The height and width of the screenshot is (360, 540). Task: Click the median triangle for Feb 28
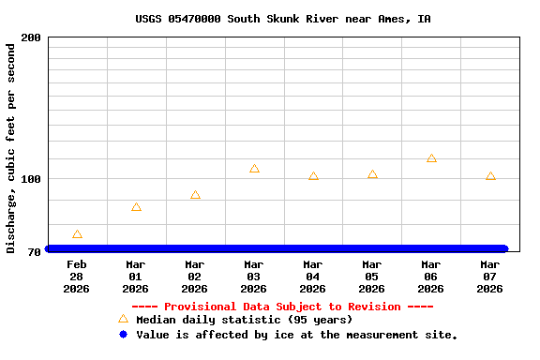click(77, 234)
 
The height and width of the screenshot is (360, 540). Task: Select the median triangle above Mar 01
click(136, 207)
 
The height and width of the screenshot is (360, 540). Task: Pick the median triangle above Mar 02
click(195, 195)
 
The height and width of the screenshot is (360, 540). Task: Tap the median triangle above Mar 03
click(254, 169)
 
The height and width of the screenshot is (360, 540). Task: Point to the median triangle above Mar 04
click(313, 176)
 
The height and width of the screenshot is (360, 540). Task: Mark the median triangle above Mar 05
click(372, 174)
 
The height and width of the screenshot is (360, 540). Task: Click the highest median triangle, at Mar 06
click(431, 158)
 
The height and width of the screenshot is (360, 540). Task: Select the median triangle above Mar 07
click(490, 176)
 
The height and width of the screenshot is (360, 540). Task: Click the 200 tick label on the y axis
click(31, 37)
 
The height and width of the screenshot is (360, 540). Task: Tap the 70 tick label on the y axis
click(34, 252)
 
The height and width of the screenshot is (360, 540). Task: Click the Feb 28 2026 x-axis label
click(77, 277)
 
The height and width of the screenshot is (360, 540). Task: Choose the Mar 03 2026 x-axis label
click(254, 277)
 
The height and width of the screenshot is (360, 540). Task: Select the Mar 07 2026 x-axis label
click(490, 277)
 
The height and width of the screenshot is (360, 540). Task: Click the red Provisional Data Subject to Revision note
click(282, 307)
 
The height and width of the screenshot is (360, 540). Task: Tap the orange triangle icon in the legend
click(123, 319)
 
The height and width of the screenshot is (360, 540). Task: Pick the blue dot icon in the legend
click(123, 334)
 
